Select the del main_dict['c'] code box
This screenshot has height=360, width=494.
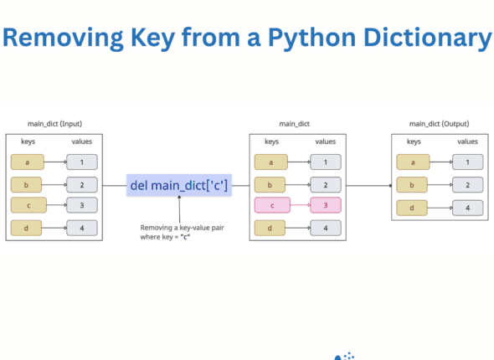[x=178, y=185]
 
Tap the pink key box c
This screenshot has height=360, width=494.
[x=271, y=205]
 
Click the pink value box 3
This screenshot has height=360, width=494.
[x=325, y=205]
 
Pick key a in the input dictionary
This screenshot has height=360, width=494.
[x=28, y=162]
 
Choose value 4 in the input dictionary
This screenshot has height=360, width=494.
[x=81, y=227]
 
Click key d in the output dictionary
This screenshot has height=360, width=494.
[x=413, y=208]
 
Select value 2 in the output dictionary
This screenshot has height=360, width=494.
[x=467, y=185]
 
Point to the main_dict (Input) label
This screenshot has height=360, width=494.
[x=54, y=124]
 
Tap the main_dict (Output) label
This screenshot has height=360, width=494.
[x=440, y=124]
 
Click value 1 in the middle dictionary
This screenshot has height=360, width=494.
[x=325, y=162]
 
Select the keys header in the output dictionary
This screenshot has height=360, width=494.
[x=414, y=142]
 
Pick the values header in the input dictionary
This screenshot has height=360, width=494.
[x=81, y=142]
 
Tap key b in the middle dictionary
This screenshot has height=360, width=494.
[x=271, y=185]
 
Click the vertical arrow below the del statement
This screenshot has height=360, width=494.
[x=178, y=209]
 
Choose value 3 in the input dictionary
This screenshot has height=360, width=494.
[x=81, y=205]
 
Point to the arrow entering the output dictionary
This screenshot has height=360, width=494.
[x=368, y=185]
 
